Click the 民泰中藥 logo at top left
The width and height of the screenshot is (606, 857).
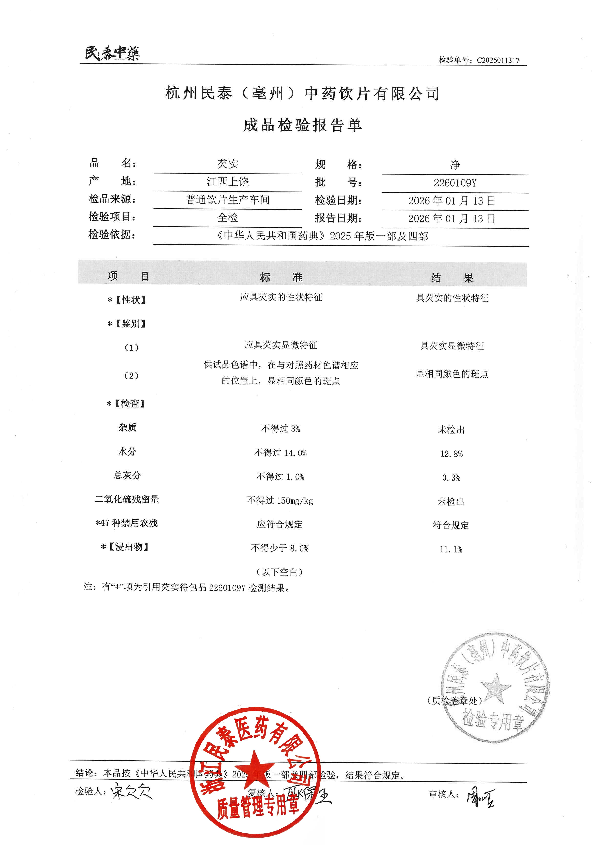tap(112, 53)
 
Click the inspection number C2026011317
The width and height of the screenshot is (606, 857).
tap(498, 60)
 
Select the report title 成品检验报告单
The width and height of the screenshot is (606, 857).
tap(302, 125)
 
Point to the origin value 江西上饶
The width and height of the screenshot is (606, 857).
tap(228, 182)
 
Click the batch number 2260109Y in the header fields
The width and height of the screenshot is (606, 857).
tap(455, 183)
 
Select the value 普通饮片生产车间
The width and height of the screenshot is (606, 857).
tap(228, 200)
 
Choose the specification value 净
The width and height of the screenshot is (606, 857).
tap(455, 165)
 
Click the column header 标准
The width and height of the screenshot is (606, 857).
tap(281, 277)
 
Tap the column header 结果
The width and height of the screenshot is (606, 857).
tap(452, 278)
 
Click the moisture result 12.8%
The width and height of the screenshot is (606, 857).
tap(451, 454)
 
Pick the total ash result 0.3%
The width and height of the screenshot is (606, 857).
tap(451, 478)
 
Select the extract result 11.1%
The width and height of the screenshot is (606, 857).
tap(451, 549)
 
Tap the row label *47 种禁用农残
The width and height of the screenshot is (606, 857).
tap(127, 523)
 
